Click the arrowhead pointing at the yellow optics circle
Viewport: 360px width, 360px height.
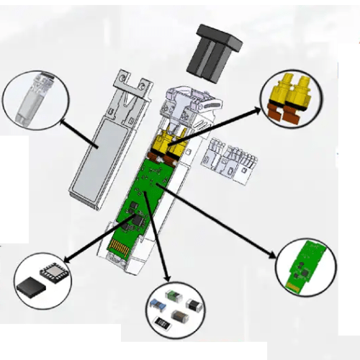tap(258, 110)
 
